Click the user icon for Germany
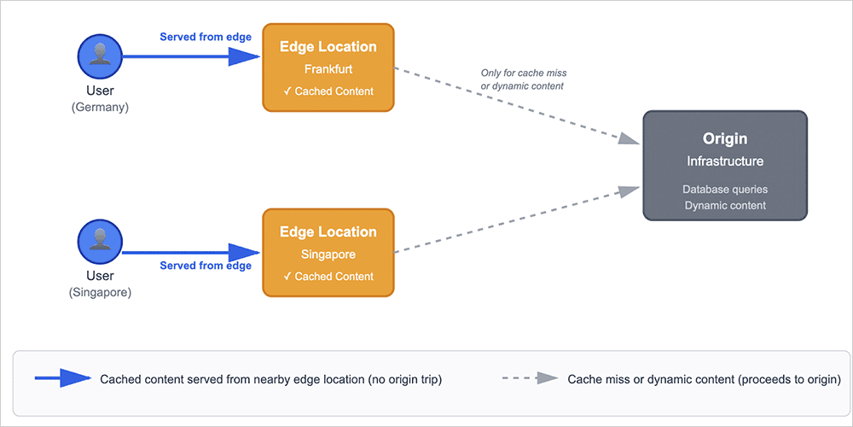(100, 56)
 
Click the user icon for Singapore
(100, 242)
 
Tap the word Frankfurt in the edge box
(328, 69)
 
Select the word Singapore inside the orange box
(328, 254)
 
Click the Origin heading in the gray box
(724, 139)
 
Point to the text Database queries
(724, 189)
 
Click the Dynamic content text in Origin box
(724, 205)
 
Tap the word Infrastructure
(724, 161)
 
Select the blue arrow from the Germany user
(192, 56)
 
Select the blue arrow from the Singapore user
(192, 251)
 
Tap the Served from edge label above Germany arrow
(206, 38)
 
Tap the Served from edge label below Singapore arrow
(206, 266)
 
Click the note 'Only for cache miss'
(524, 73)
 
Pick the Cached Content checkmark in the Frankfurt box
(287, 91)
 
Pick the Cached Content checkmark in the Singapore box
(287, 277)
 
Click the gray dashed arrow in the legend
(529, 379)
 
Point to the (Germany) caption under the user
(100, 107)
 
